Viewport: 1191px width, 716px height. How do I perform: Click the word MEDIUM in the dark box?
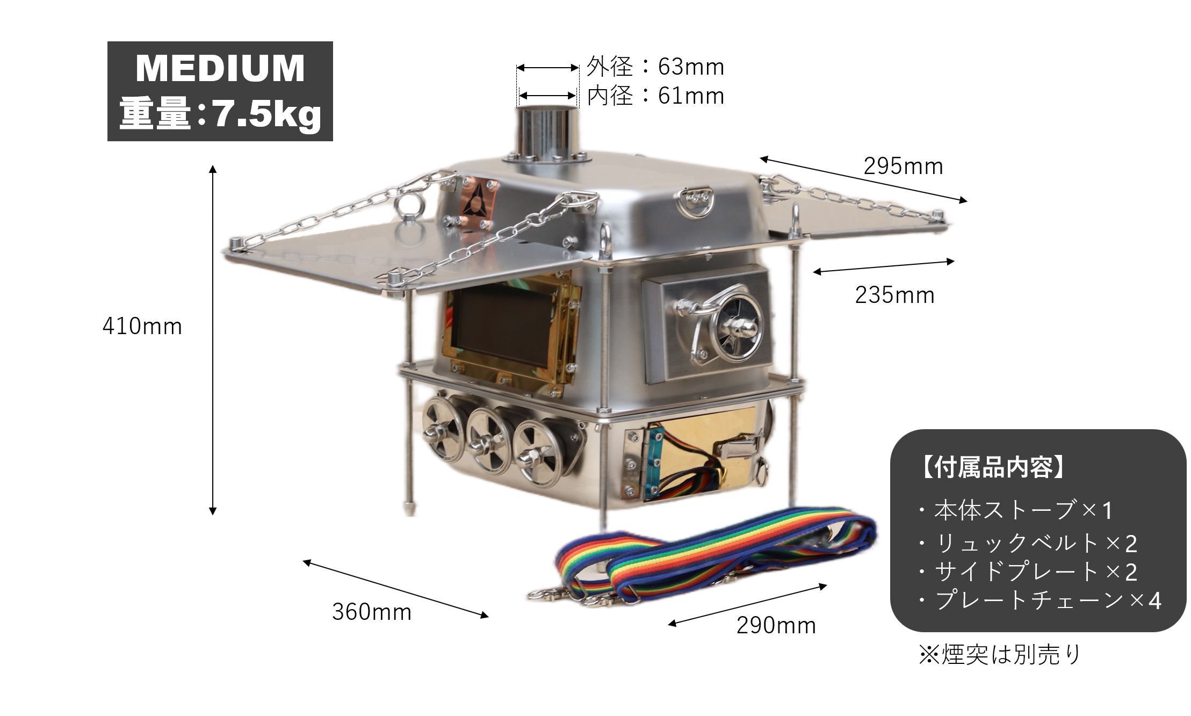click(x=220, y=68)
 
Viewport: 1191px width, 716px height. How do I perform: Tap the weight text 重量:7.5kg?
click(x=220, y=114)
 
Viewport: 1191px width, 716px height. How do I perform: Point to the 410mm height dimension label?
click(x=142, y=326)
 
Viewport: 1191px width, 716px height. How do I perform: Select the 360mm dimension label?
click(x=372, y=612)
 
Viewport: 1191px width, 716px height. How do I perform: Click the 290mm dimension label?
click(x=776, y=625)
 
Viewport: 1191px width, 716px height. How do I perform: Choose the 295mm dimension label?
click(x=904, y=167)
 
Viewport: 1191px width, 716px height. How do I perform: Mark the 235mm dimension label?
click(x=895, y=295)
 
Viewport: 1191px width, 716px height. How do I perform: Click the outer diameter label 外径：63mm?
click(x=655, y=67)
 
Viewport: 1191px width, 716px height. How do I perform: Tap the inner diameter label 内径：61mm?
click(x=655, y=96)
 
